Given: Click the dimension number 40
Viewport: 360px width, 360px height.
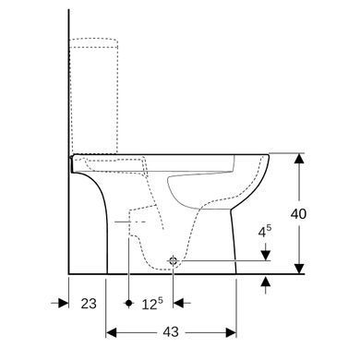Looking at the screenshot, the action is click(298, 214).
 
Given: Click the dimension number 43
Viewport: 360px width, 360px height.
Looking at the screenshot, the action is click(171, 332).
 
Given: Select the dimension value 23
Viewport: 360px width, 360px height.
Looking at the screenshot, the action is click(89, 304).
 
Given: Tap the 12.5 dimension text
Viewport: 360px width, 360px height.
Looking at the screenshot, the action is click(152, 304).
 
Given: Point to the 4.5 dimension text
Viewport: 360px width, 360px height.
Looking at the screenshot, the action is click(265, 232).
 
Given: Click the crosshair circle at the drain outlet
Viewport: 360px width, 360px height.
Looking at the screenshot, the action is click(174, 261).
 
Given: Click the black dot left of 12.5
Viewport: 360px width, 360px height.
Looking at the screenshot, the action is click(129, 303).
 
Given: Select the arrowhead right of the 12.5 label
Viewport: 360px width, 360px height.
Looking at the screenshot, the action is click(178, 303).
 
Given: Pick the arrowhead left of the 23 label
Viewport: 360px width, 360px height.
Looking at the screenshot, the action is click(64, 303).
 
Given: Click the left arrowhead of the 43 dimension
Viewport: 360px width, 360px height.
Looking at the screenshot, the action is click(112, 332).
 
